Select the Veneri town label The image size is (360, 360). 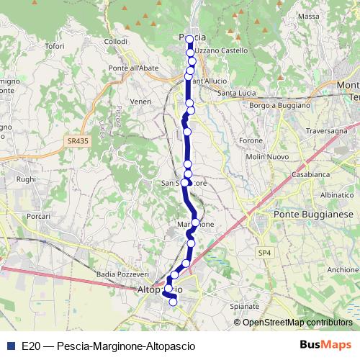(140, 102)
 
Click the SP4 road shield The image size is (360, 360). (265, 253)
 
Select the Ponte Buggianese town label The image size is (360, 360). (312, 215)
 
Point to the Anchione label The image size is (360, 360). (342, 270)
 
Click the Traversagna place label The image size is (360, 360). (326, 132)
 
